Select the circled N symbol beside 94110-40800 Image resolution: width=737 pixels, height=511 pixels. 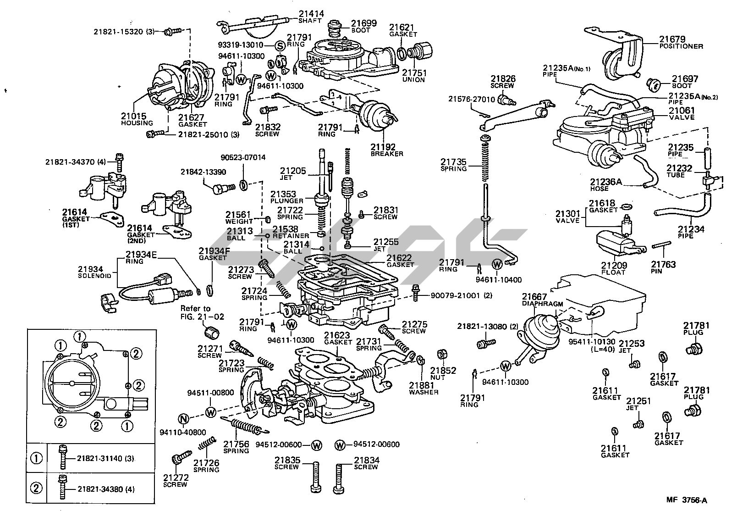183,419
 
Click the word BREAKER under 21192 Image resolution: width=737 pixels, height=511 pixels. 387,154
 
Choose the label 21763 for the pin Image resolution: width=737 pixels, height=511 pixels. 663,265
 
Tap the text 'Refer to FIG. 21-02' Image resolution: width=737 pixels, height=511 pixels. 195,312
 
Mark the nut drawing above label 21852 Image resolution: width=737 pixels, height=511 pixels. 442,355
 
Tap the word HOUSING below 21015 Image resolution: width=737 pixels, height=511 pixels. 137,123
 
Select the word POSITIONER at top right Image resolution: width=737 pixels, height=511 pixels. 681,46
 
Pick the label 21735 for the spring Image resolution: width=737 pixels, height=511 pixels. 453,162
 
